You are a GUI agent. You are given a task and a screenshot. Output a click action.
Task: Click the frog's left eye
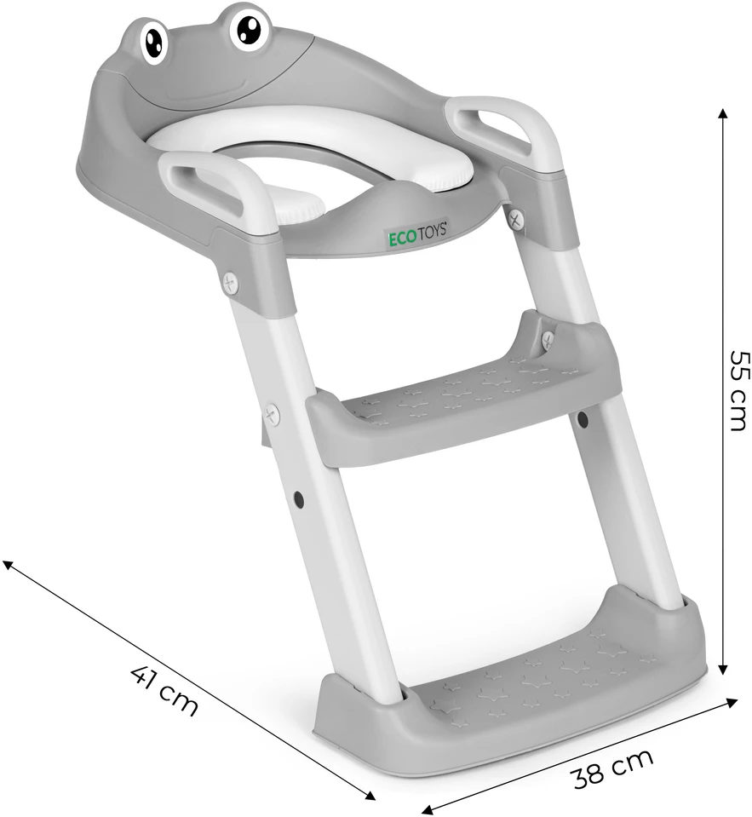click(x=155, y=43)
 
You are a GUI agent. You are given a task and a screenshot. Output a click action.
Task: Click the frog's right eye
click(x=248, y=27)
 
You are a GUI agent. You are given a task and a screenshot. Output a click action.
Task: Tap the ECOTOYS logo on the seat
click(x=417, y=230)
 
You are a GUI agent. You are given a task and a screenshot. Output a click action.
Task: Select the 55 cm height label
click(x=738, y=390)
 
